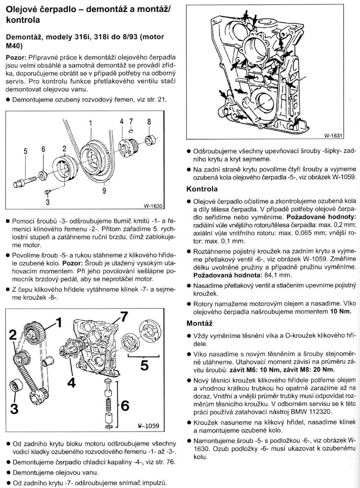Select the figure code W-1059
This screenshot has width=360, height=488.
149,426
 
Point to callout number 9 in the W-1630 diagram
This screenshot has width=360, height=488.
104,192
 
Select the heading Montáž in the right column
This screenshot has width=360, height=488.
199,323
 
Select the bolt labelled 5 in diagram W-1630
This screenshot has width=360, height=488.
25,182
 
